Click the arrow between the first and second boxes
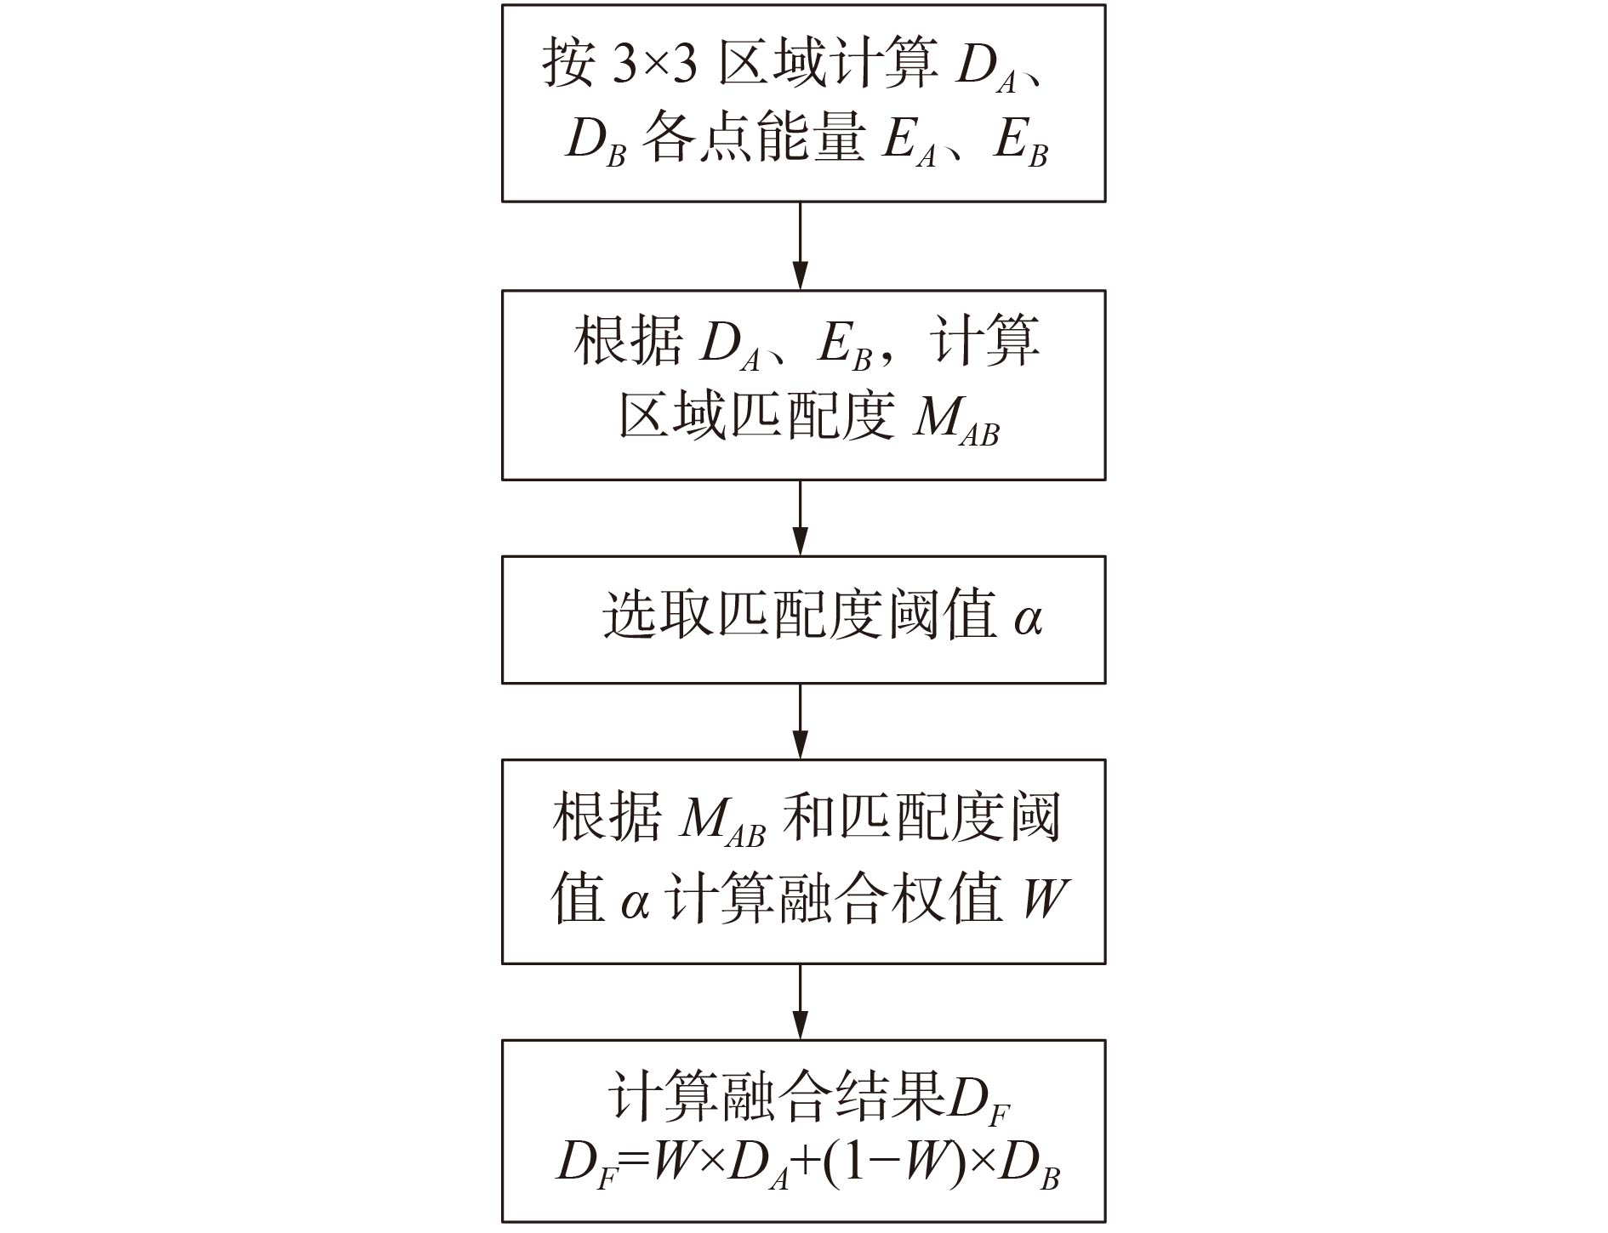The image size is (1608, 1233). click(801, 247)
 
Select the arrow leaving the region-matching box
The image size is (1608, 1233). click(801, 518)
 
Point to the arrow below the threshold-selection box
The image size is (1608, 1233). click(801, 721)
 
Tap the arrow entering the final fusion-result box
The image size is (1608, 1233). click(801, 1002)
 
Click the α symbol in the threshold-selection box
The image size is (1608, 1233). click(1028, 619)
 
